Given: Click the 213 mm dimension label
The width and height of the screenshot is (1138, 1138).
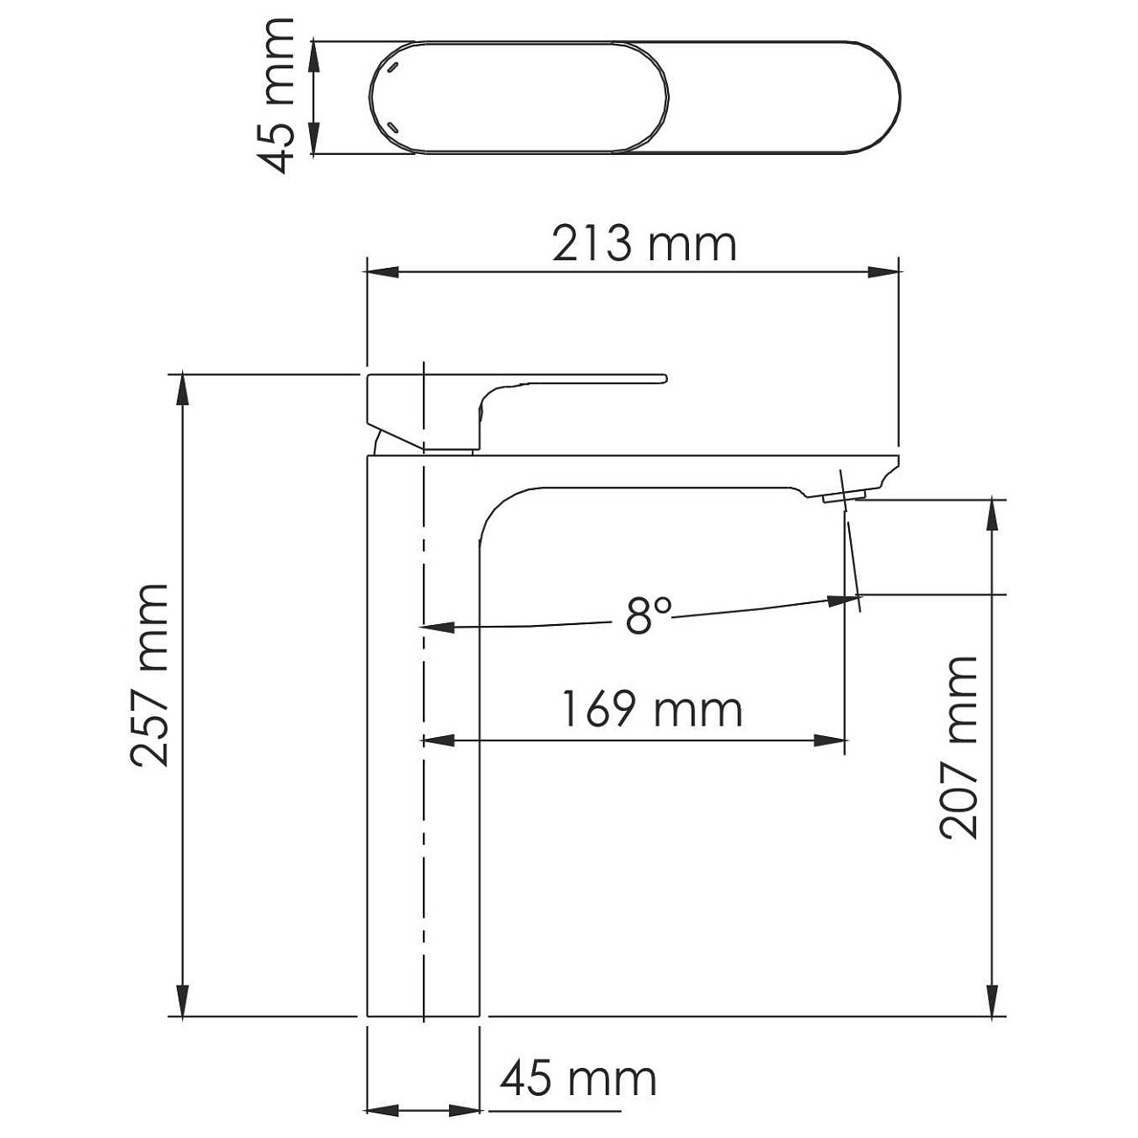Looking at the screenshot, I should pyautogui.click(x=644, y=244).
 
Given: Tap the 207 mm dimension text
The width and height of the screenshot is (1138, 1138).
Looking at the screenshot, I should pyautogui.click(x=959, y=747).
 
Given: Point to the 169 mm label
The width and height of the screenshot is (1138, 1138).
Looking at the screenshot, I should pyautogui.click(x=651, y=709).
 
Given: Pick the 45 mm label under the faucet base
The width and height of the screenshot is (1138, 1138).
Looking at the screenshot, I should pyautogui.click(x=579, y=1079).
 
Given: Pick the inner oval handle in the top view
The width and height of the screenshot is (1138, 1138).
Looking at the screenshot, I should pyautogui.click(x=520, y=97).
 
